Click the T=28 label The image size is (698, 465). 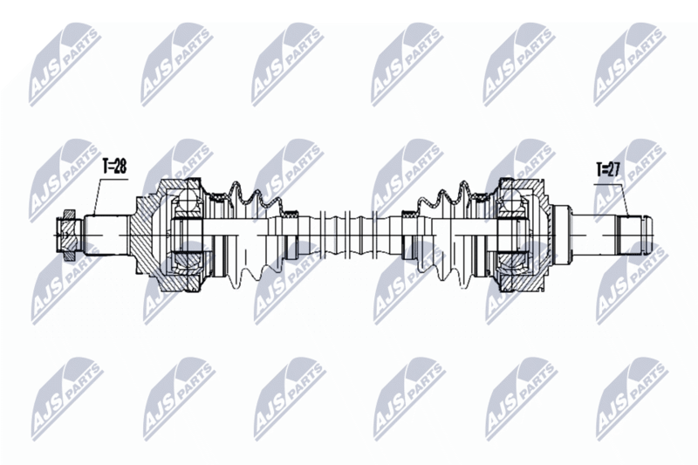pyautogui.click(x=114, y=167)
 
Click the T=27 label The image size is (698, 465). pyautogui.click(x=608, y=169)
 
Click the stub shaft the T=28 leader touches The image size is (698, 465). pyautogui.click(x=106, y=235)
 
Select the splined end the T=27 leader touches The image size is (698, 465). pyautogui.click(x=632, y=235)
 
